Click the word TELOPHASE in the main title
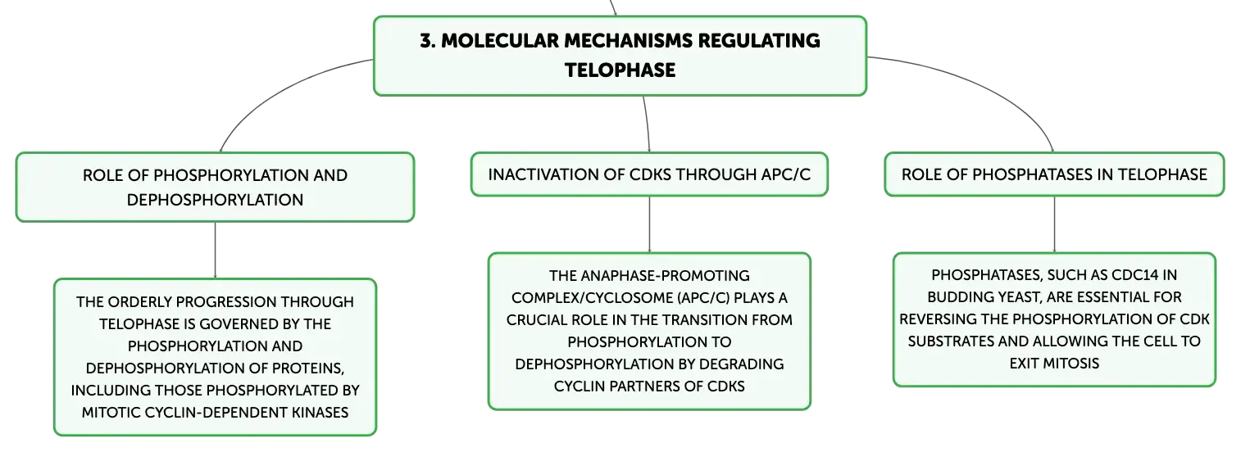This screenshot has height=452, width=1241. point(620,70)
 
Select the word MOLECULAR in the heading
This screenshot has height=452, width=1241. point(500,41)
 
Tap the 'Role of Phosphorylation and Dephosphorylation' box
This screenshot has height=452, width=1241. point(215,187)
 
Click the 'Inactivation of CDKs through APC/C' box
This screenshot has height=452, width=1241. point(649,174)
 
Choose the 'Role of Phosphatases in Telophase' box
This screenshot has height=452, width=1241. point(1054,174)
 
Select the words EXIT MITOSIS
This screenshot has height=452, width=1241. point(1054,364)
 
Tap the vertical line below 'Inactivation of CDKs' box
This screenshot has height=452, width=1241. point(649,224)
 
